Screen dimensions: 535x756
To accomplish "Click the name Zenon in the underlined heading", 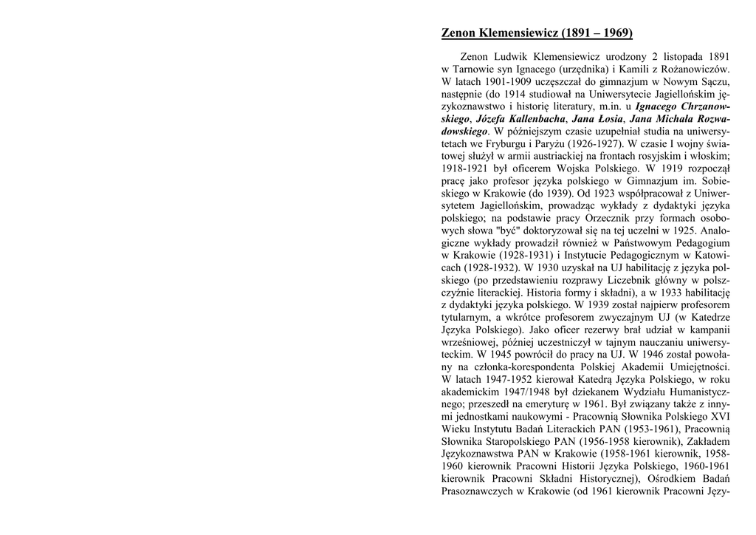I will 458,33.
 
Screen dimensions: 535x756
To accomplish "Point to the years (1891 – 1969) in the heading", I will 597,33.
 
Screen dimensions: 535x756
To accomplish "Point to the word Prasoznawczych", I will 476,493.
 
